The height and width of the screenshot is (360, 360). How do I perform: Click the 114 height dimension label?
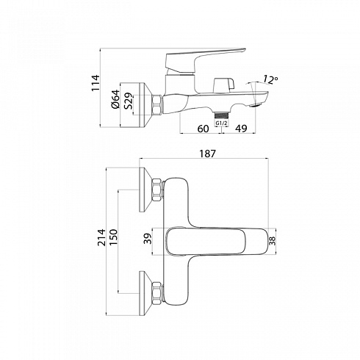[96, 83]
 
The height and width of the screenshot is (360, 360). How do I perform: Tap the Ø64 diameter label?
[115, 99]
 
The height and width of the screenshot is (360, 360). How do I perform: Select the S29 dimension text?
[129, 101]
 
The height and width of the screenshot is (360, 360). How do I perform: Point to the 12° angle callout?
[270, 79]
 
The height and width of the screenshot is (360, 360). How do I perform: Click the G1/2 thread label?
[221, 123]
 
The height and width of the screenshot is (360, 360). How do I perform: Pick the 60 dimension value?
[203, 129]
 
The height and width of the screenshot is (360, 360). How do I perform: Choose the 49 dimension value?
[241, 129]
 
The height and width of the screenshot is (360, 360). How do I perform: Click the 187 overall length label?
[208, 154]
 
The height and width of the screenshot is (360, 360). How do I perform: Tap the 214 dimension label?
[101, 237]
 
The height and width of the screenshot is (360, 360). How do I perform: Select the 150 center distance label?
[113, 237]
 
